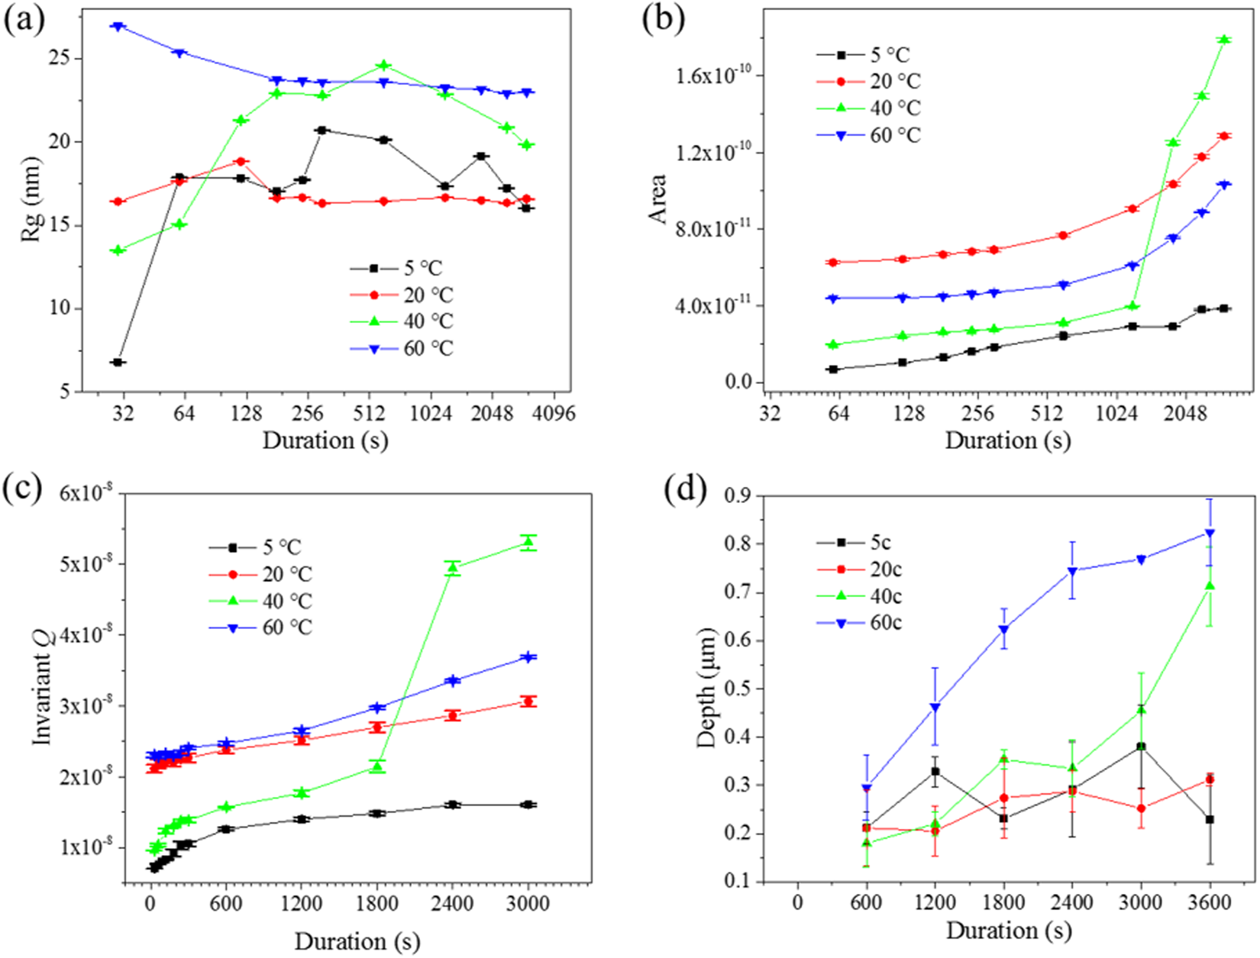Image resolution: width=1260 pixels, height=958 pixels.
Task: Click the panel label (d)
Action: [x=677, y=491]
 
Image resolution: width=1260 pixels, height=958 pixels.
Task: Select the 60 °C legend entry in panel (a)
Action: [x=428, y=349]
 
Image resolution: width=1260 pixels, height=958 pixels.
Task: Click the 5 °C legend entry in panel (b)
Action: [x=890, y=55]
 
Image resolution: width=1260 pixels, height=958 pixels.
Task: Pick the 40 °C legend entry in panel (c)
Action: [x=287, y=601]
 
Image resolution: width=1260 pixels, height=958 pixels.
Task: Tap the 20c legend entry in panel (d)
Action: [x=886, y=569]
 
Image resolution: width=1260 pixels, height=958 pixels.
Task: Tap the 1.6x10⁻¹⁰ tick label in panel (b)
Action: [x=710, y=76]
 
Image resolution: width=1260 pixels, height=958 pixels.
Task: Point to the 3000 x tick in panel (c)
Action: [x=528, y=904]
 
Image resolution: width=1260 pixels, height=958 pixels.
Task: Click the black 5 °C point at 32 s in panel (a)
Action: [x=118, y=362]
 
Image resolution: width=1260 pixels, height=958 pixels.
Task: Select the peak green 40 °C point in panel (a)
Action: [x=384, y=66]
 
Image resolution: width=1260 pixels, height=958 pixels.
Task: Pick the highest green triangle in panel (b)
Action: [x=1224, y=40]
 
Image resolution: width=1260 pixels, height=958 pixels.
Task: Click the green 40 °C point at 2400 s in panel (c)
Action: [x=453, y=568]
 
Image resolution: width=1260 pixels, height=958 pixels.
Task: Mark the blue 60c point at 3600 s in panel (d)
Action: [x=1210, y=534]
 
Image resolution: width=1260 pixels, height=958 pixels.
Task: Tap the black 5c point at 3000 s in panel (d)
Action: [x=1141, y=747]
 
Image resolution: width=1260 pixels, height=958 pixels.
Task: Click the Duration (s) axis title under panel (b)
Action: [x=1007, y=440]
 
